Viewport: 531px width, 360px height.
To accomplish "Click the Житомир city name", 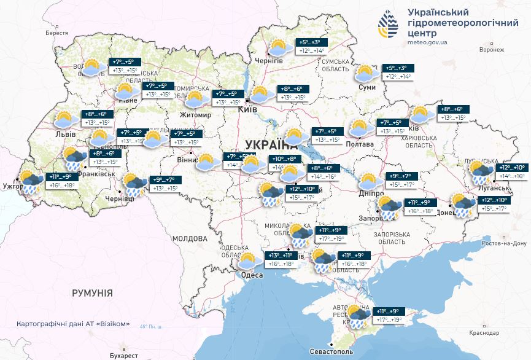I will (195, 115).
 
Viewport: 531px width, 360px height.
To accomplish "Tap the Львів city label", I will (65, 134).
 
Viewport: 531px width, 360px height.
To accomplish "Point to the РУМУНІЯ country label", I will (92, 293).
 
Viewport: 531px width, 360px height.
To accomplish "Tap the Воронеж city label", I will (491, 49).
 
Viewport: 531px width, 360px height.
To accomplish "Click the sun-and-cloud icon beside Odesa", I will (247, 260).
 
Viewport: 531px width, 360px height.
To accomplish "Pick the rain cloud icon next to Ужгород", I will (29, 182).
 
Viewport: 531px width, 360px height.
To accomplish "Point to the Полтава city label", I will (360, 144).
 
